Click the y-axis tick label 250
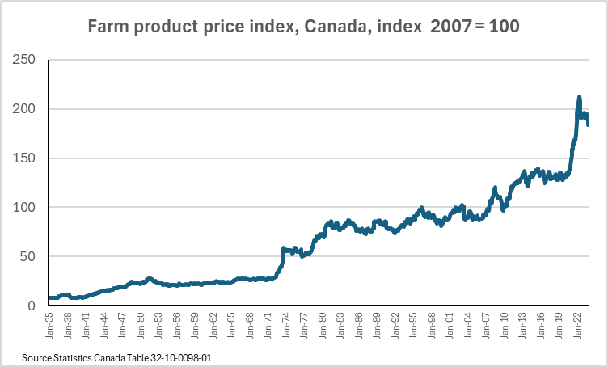coord(23,60)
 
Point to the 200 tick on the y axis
coord(23,109)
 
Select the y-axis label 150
coord(23,158)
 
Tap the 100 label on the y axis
coord(23,208)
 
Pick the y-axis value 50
coord(27,257)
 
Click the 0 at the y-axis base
coord(31,306)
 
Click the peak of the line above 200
coord(579,98)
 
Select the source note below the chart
coord(111,356)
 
